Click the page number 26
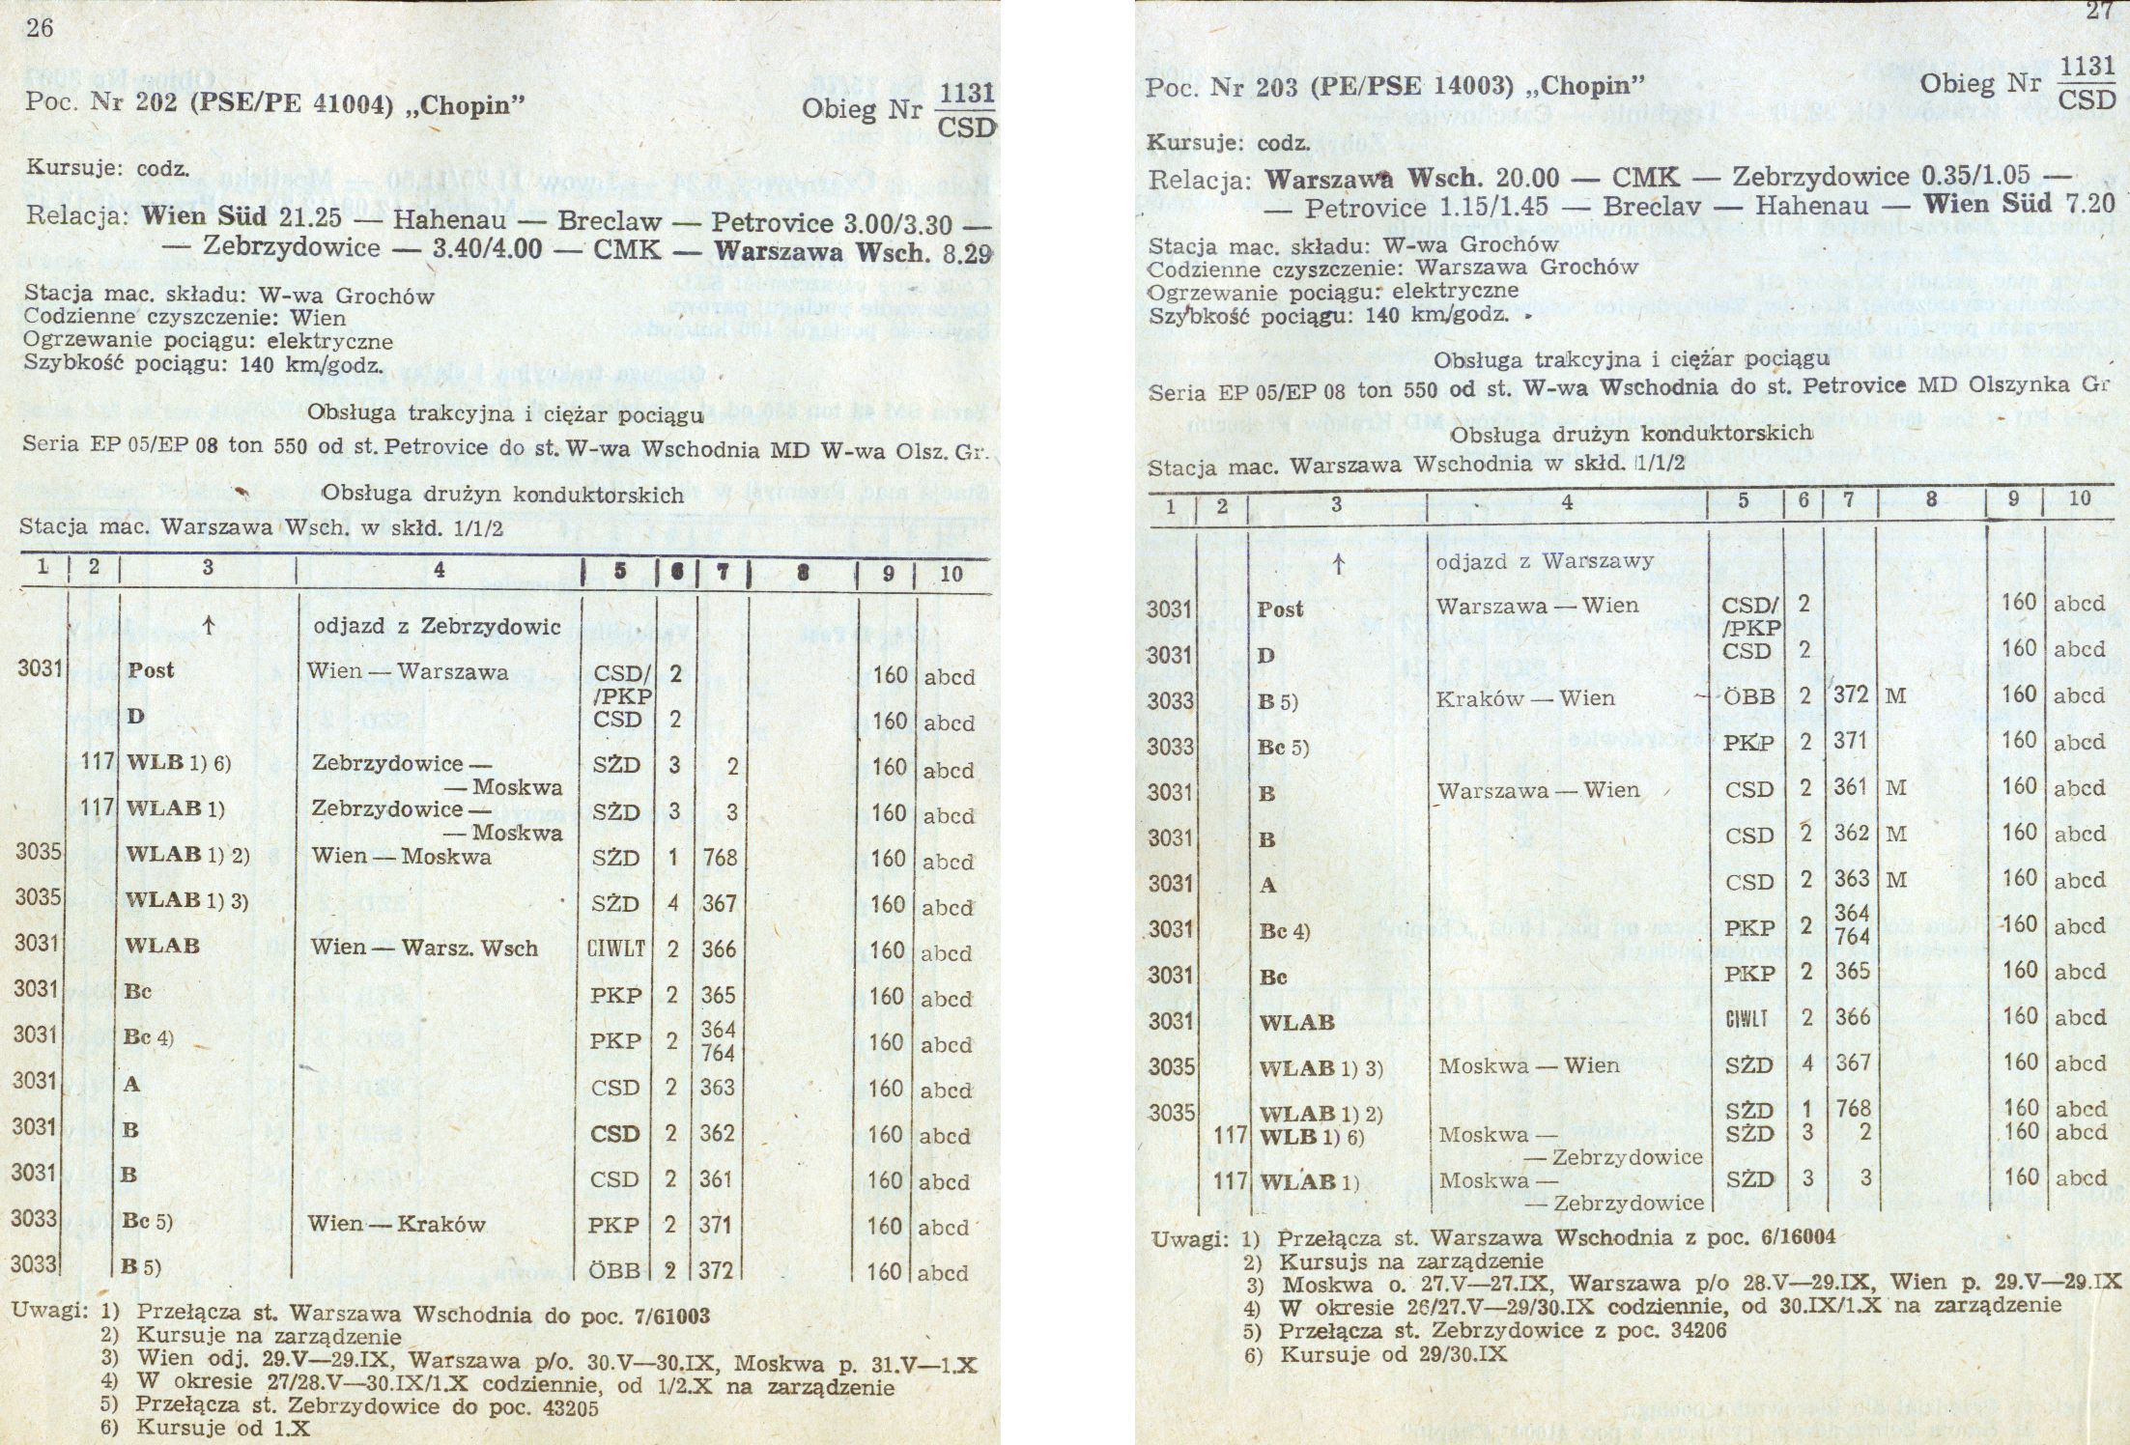click(x=40, y=28)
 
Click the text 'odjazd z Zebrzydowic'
click(x=437, y=627)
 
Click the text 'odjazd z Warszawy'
click(x=1545, y=561)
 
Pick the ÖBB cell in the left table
click(x=614, y=1271)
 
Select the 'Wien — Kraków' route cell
click(x=396, y=1225)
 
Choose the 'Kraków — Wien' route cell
click(x=1524, y=698)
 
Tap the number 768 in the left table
click(x=720, y=858)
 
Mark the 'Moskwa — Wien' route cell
click(x=1528, y=1065)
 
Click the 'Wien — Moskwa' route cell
click(x=400, y=857)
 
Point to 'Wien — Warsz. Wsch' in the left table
click(x=423, y=948)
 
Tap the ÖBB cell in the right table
click(x=1749, y=697)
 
